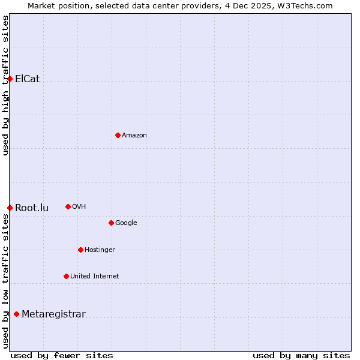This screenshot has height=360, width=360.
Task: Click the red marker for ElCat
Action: pyautogui.click(x=10, y=79)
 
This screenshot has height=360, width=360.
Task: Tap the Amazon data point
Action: pyautogui.click(x=118, y=135)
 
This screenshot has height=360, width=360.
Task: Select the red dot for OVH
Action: pyautogui.click(x=68, y=206)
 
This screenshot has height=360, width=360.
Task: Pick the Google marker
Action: pyautogui.click(x=111, y=223)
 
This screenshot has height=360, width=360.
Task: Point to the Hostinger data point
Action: pyautogui.click(x=80, y=250)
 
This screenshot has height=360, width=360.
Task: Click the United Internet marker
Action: pyautogui.click(x=66, y=276)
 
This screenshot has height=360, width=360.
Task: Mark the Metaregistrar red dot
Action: pyautogui.click(x=16, y=314)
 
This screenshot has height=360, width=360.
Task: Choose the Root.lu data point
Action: pyautogui.click(x=10, y=208)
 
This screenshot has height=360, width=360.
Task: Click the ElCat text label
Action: pyautogui.click(x=27, y=79)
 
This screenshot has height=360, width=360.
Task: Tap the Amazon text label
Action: pyautogui.click(x=134, y=136)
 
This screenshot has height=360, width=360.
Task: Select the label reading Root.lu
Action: pyautogui.click(x=32, y=208)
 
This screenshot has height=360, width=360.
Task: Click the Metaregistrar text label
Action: pyautogui.click(x=53, y=314)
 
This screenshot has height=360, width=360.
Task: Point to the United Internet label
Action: pyautogui.click(x=94, y=277)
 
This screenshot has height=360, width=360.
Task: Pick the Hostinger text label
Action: pyautogui.click(x=100, y=250)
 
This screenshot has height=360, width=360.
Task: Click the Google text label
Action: pyautogui.click(x=126, y=223)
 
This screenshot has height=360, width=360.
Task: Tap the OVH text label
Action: pyautogui.click(x=79, y=207)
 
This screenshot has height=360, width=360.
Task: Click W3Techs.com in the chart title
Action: pyautogui.click(x=308, y=6)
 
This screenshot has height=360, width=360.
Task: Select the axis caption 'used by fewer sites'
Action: pyautogui.click(x=62, y=355)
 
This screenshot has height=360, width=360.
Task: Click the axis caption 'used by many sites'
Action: pyautogui.click(x=301, y=355)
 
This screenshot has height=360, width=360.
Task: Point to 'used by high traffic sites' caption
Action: pyautogui.click(x=6, y=85)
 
